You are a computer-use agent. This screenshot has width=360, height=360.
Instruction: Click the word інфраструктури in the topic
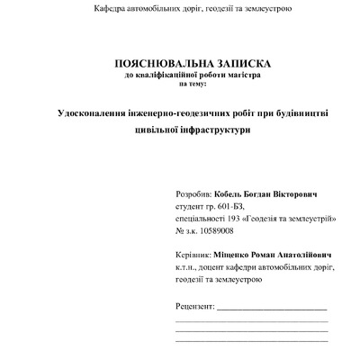pyautogui.click(x=220, y=130)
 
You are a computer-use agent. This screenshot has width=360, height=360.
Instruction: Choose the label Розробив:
pyautogui.click(x=194, y=194)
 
